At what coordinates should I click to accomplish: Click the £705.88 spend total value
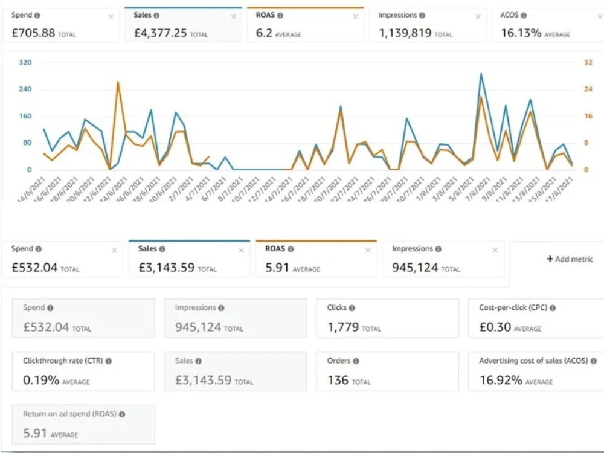click(x=33, y=33)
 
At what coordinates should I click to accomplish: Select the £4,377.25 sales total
click(x=160, y=33)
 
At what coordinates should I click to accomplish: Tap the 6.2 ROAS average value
click(x=264, y=33)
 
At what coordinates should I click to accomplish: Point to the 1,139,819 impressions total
click(x=405, y=33)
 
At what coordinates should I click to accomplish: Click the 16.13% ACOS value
click(x=521, y=33)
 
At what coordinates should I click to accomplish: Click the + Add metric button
click(x=570, y=259)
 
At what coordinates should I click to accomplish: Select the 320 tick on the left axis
click(x=25, y=62)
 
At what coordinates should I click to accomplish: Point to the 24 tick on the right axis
click(x=588, y=89)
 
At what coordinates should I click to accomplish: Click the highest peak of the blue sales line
click(x=481, y=74)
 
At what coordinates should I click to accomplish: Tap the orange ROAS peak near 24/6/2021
click(x=118, y=82)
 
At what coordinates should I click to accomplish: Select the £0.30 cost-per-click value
click(x=495, y=327)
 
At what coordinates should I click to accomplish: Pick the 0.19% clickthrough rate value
click(x=41, y=381)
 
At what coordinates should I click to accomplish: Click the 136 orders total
click(x=338, y=381)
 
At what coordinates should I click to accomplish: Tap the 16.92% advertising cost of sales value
click(x=501, y=381)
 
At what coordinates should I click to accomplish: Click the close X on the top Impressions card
click(x=478, y=17)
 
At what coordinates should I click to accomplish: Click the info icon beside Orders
click(x=356, y=361)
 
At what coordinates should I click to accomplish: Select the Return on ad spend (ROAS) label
click(x=69, y=414)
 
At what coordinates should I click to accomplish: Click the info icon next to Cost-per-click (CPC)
click(x=553, y=308)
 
